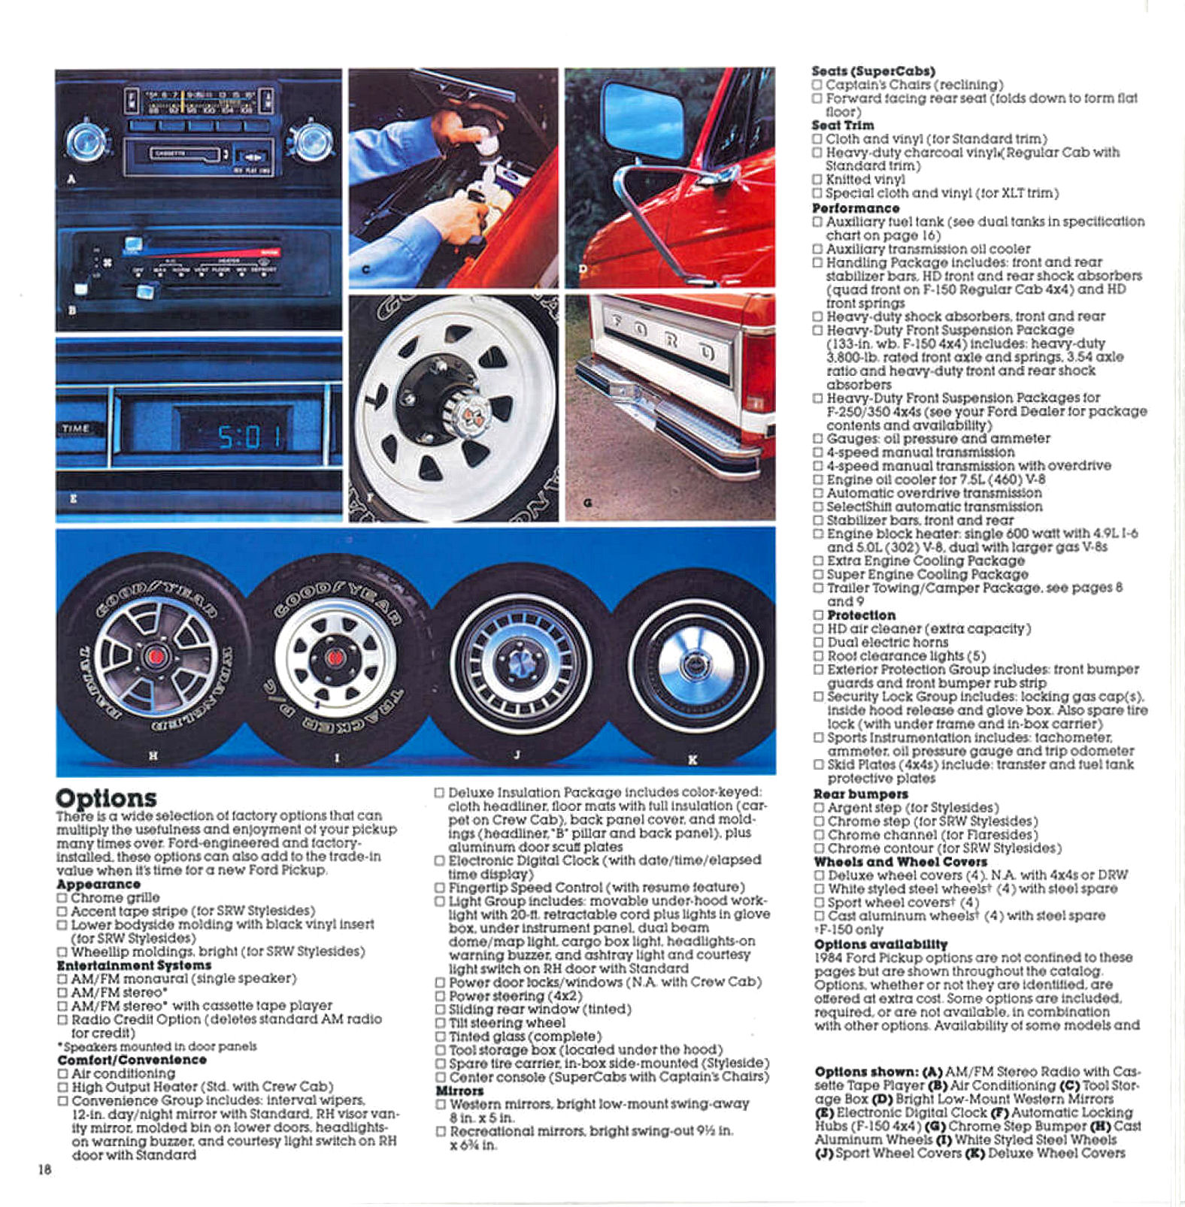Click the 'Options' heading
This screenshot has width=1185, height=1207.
point(106,797)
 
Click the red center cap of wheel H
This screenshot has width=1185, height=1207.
point(156,657)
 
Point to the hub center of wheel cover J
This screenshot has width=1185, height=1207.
point(520,662)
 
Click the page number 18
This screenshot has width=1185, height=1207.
point(44,1169)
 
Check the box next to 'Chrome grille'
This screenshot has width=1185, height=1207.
point(62,898)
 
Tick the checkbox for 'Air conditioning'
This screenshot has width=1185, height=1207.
point(63,1074)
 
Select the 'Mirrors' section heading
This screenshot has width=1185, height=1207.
point(459,1091)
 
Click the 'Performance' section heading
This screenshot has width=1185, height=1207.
point(855,208)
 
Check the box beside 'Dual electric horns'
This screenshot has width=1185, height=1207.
point(818,643)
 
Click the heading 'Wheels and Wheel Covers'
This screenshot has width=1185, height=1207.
point(900,862)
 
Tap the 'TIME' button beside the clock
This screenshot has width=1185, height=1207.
point(76,428)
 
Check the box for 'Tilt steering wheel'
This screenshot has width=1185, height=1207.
point(440,1024)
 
